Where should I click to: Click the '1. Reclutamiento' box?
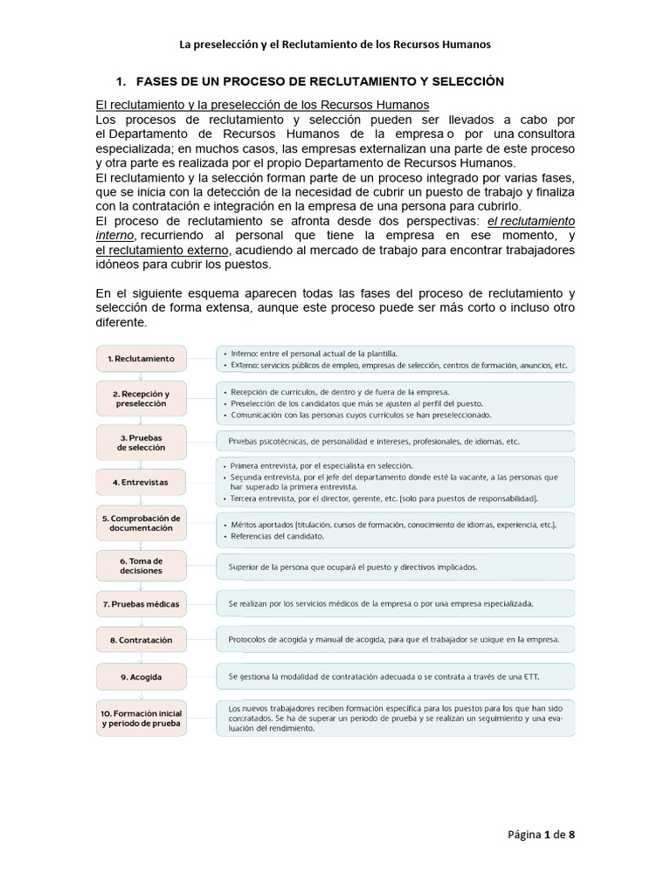click(142, 358)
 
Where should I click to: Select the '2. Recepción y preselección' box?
click(142, 399)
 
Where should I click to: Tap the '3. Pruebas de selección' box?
click(142, 441)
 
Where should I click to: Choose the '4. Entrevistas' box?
click(142, 482)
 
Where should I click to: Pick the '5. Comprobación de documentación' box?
click(142, 523)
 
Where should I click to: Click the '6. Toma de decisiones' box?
click(142, 565)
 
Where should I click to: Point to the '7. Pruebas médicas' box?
click(142, 603)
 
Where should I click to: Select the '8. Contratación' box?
click(142, 640)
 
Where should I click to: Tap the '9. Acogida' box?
click(142, 677)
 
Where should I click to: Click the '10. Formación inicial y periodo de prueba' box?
click(142, 719)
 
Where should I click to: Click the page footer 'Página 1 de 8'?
click(543, 834)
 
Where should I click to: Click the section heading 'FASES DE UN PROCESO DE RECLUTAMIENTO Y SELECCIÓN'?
click(318, 81)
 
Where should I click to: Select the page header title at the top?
click(335, 43)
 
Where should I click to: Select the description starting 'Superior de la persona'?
click(353, 567)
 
